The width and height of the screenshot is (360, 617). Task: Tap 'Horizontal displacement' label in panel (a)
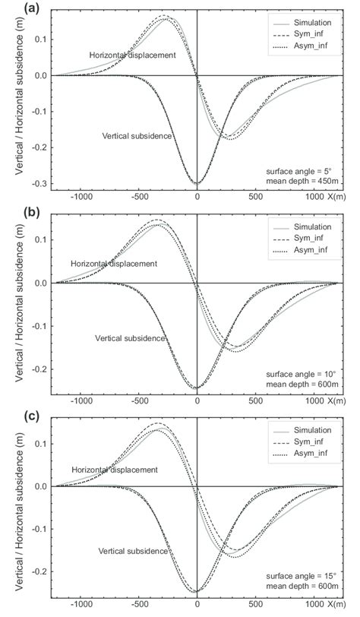132,55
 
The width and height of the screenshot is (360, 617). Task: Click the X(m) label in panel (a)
335,196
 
